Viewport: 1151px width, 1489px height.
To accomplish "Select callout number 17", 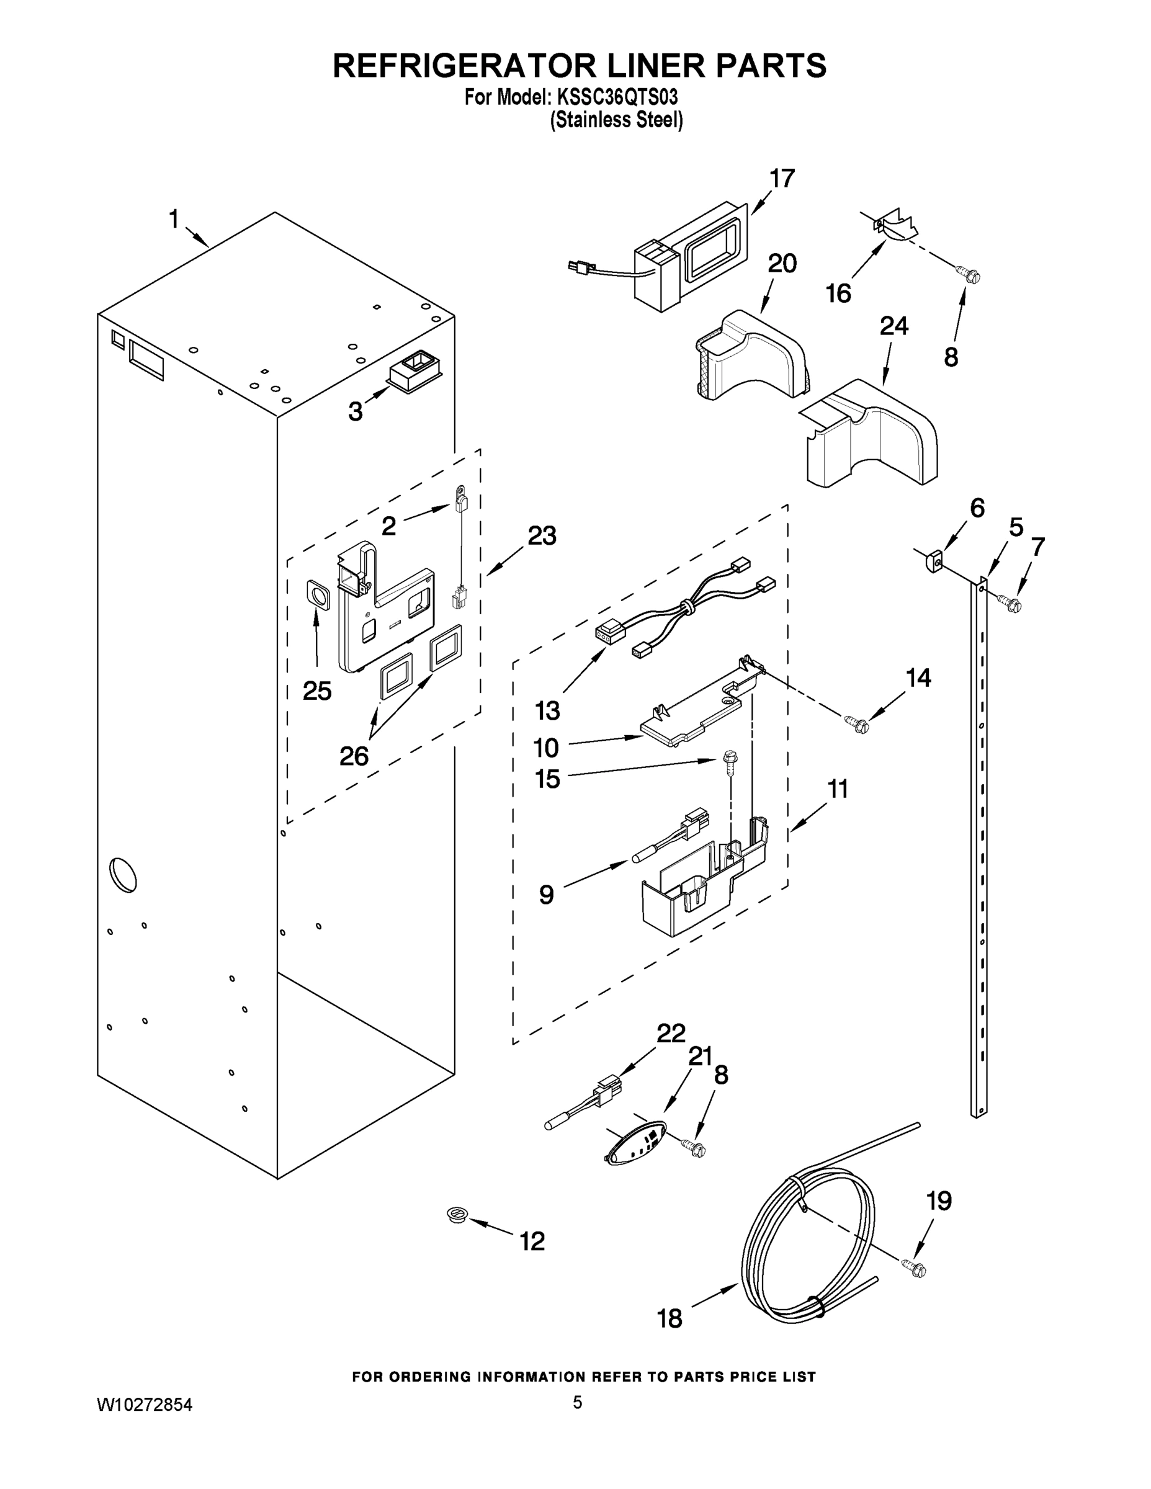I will click(x=782, y=179).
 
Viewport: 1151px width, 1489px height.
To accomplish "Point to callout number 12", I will click(x=532, y=1241).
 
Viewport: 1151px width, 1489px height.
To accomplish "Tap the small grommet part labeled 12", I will click(x=457, y=1214).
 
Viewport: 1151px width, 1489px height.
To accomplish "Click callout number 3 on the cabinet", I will click(x=356, y=411).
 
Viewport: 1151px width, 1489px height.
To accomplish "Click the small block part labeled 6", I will click(x=935, y=560).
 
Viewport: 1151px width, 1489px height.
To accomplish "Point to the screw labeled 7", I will click(x=1010, y=602).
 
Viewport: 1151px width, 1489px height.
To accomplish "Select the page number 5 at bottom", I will click(x=577, y=1402).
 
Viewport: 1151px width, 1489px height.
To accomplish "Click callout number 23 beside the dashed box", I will click(x=542, y=536).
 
